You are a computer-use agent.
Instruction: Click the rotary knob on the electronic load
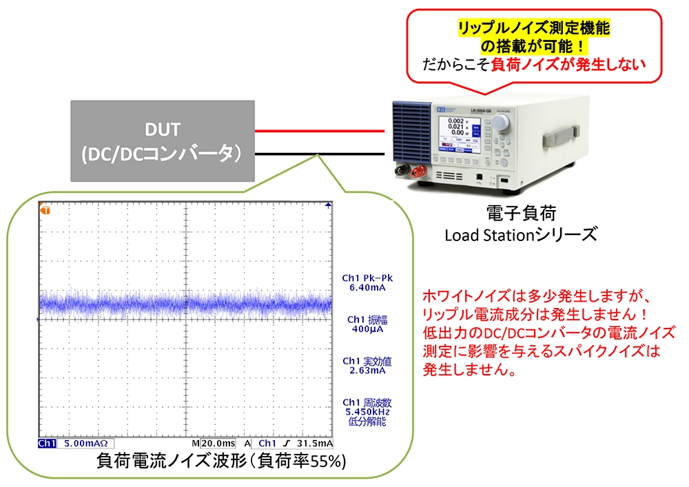[500, 123]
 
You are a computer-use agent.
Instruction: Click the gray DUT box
[163, 141]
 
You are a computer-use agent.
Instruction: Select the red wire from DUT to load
[320, 131]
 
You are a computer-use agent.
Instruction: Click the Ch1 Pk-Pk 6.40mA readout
[363, 283]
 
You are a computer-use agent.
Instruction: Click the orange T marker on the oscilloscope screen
[45, 209]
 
